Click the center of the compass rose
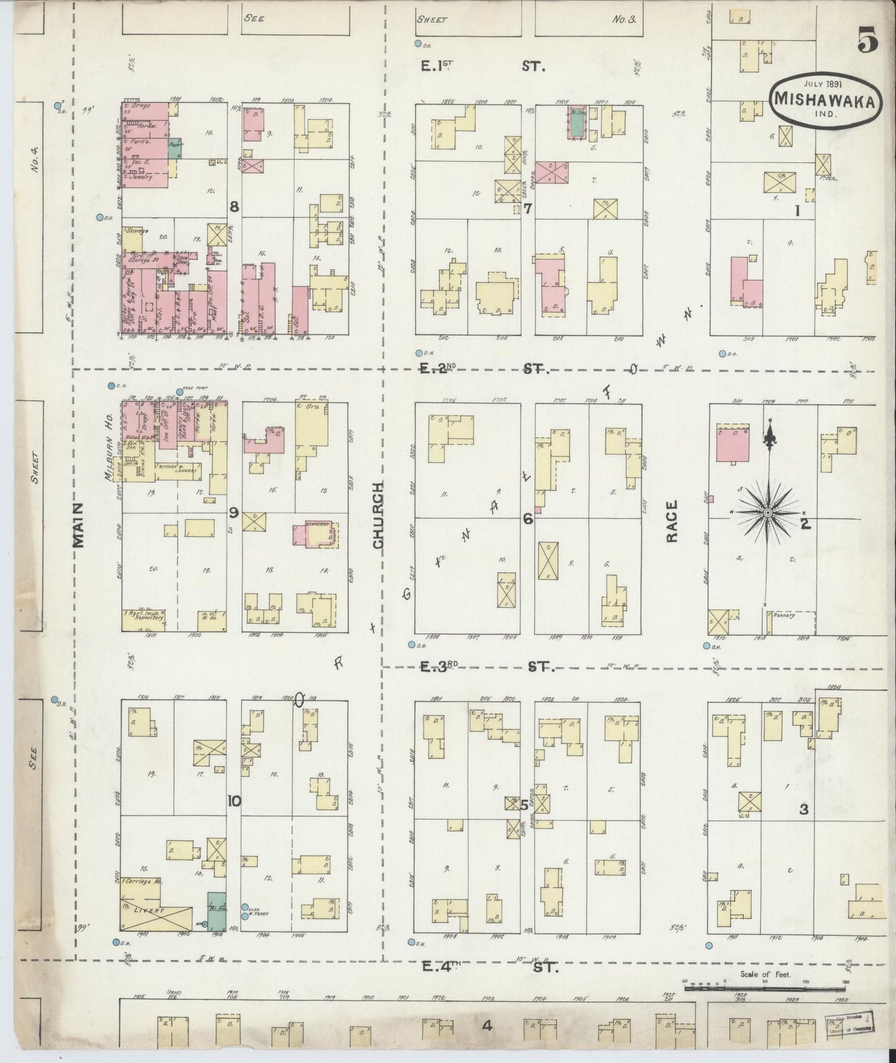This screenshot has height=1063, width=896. [767, 512]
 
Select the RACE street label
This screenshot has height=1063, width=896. [673, 522]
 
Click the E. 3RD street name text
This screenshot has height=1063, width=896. [439, 667]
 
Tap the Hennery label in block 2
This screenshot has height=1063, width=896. [783, 616]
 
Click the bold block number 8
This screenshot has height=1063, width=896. [234, 207]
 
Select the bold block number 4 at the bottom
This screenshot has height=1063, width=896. [486, 1026]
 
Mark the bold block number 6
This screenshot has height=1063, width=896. [527, 519]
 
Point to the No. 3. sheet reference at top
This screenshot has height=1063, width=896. [623, 19]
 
